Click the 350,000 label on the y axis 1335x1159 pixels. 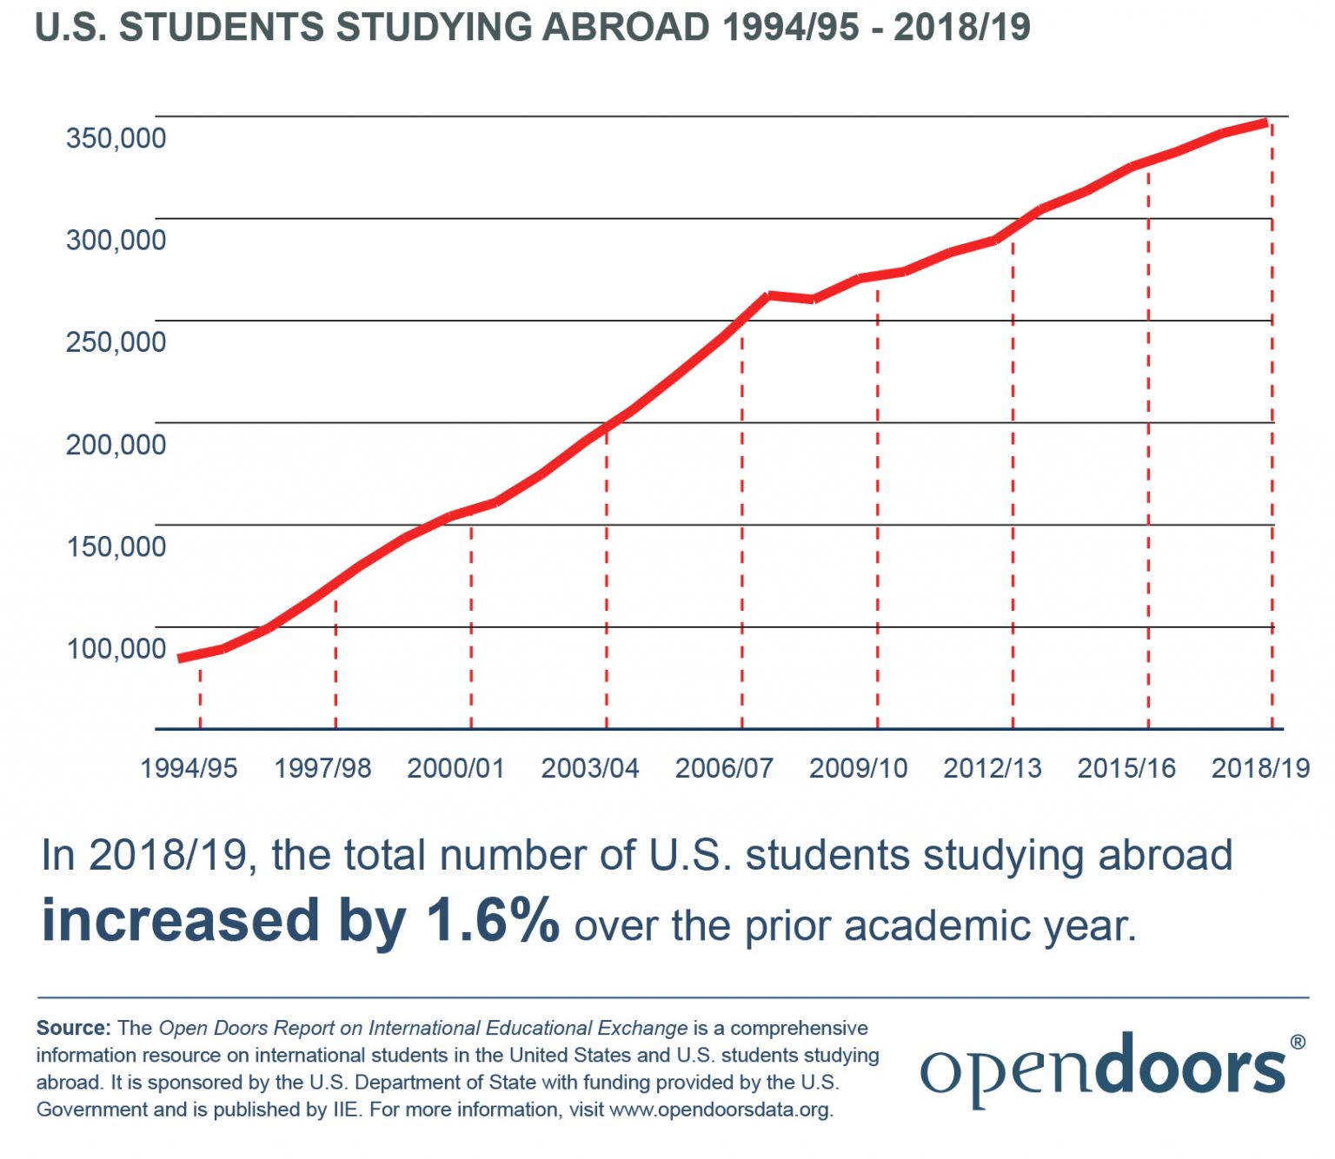pyautogui.click(x=116, y=138)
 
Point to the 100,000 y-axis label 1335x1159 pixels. pyautogui.click(x=116, y=648)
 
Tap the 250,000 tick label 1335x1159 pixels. pyautogui.click(x=116, y=342)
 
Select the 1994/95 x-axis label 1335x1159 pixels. pyautogui.click(x=189, y=768)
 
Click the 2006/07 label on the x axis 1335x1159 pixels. pyautogui.click(x=724, y=768)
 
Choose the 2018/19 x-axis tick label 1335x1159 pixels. pyautogui.click(x=1260, y=768)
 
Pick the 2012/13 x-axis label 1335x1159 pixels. pyautogui.click(x=992, y=768)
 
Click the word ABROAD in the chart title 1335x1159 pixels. pyautogui.click(x=626, y=28)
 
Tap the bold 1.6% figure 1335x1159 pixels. pyautogui.click(x=492, y=921)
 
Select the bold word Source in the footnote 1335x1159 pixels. pyautogui.click(x=71, y=1028)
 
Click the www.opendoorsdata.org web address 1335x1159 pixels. pyautogui.click(x=720, y=1109)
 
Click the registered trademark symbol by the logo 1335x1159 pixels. pyautogui.click(x=1298, y=1042)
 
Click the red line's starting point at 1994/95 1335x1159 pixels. pyautogui.click(x=181, y=659)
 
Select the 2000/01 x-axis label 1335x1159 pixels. pyautogui.click(x=455, y=768)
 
